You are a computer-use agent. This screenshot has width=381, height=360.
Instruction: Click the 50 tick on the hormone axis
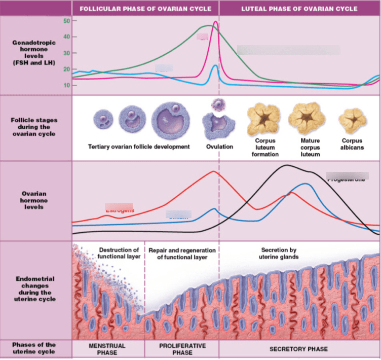[67, 20]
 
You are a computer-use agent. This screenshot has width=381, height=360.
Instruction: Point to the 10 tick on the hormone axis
[67, 85]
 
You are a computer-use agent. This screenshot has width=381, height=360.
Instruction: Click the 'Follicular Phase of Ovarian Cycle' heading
[145, 9]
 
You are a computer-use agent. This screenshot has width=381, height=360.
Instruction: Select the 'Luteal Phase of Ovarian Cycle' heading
[299, 9]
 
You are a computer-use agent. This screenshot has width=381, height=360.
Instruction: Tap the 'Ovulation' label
[219, 147]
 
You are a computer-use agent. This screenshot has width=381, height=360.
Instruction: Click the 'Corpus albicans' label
[352, 143]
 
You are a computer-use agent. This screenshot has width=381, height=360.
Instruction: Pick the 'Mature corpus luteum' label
[310, 147]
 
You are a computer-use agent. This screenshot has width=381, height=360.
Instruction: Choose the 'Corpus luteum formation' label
[265, 147]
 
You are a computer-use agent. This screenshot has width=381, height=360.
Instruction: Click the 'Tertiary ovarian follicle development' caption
[139, 147]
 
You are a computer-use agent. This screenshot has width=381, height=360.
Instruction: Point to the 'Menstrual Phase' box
[107, 349]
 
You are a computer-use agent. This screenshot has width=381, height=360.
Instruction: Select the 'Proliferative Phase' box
[182, 349]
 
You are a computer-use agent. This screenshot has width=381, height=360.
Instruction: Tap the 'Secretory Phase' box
[298, 349]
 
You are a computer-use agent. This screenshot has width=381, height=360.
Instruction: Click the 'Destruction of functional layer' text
[119, 253]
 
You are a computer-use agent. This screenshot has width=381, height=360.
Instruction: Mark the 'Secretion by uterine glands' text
[279, 253]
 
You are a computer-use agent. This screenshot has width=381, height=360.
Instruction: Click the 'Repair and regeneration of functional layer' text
[182, 254]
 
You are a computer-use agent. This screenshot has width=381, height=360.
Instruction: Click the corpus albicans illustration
[352, 120]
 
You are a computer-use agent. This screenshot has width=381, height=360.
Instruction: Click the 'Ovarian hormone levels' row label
[35, 200]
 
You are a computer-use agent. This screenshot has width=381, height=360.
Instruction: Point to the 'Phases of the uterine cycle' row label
[35, 348]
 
